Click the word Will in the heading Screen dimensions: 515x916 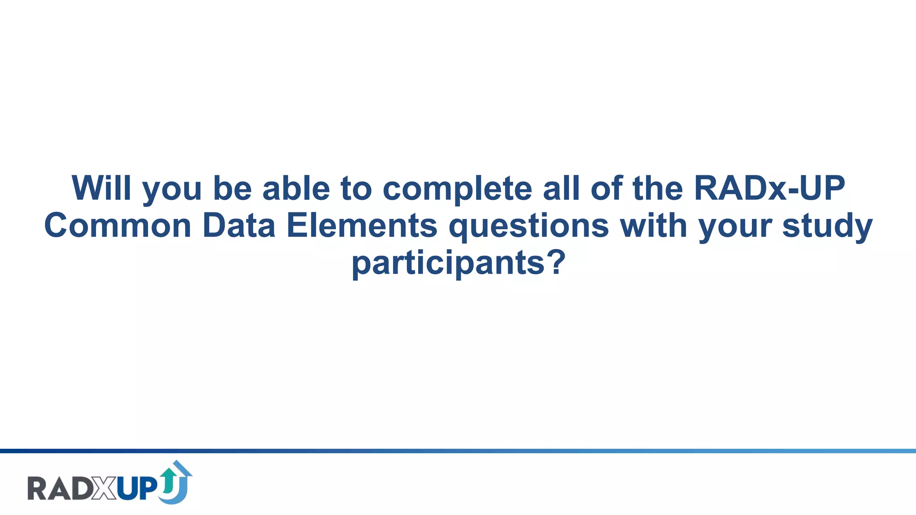tap(102, 188)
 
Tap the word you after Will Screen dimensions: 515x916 tap(172, 190)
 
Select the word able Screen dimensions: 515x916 tap(296, 188)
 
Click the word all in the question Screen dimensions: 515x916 tap(562, 188)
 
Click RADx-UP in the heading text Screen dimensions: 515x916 tap(769, 188)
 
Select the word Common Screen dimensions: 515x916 tap(118, 226)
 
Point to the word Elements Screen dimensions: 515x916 tap(361, 226)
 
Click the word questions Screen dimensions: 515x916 tap(529, 227)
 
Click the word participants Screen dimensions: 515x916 tap(448, 264)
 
